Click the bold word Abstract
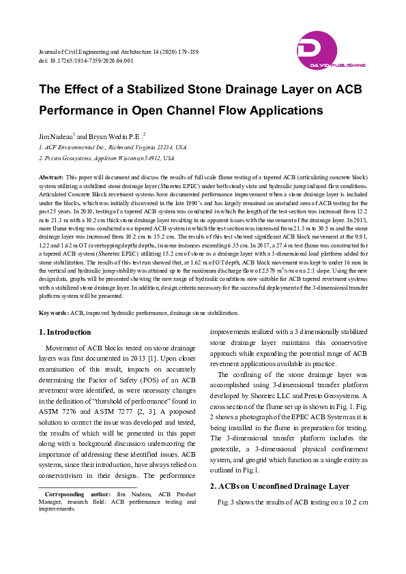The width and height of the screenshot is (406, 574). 51,177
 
